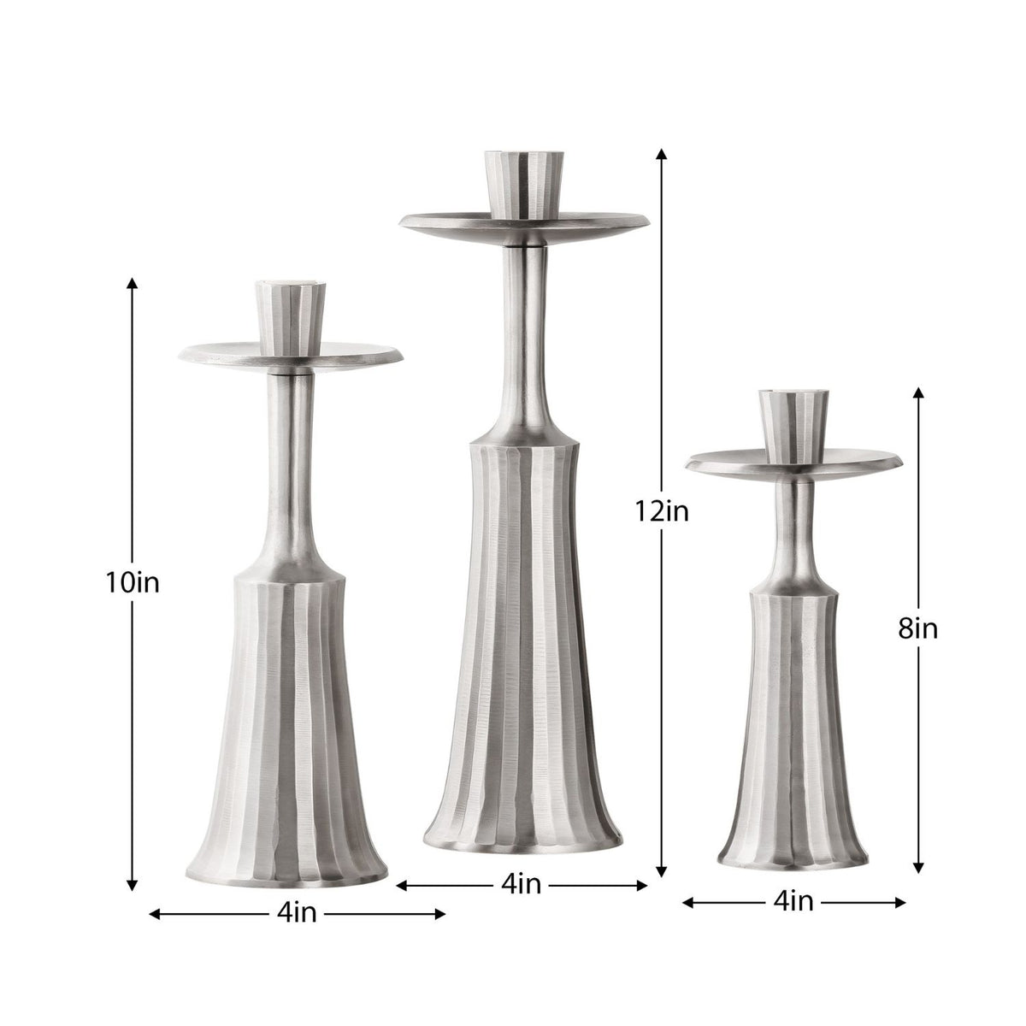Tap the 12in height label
(661, 511)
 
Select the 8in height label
(918, 629)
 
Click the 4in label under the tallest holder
(521, 886)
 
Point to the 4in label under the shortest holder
(793, 901)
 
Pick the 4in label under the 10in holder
(297, 914)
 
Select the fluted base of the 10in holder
(289, 735)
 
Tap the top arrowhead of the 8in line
(918, 392)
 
